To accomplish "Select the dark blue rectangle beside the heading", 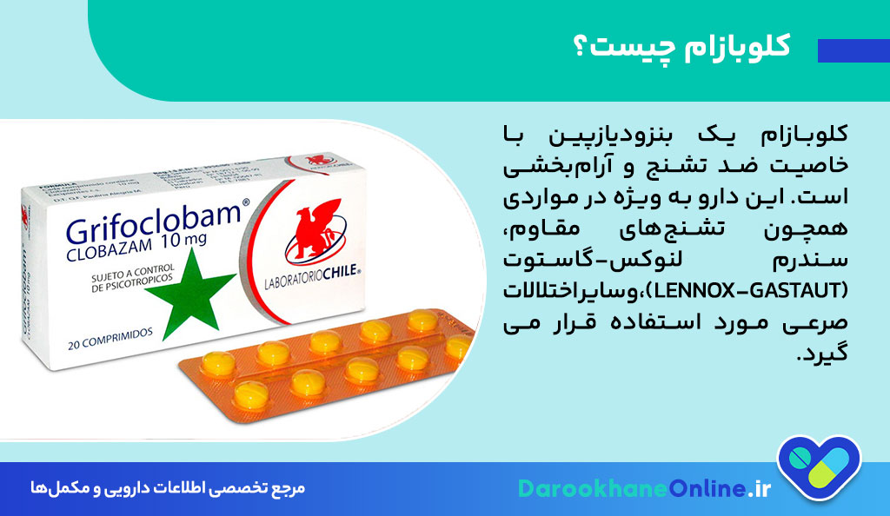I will click(853, 50).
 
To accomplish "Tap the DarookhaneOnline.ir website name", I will click(644, 488).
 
